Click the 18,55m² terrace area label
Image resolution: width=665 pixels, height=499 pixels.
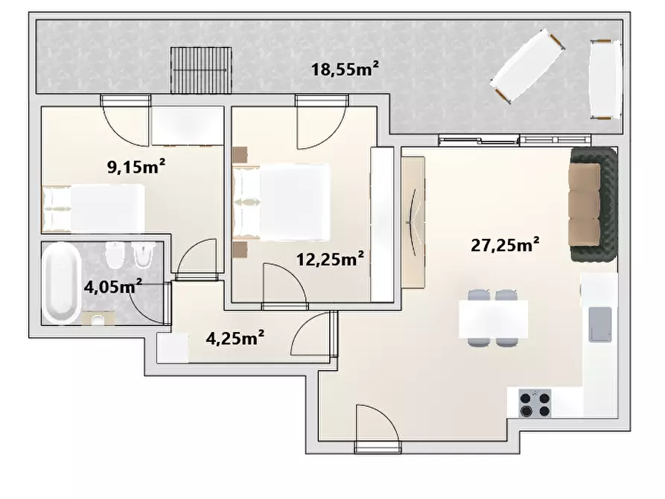click(345, 69)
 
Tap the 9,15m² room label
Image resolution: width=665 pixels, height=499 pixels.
click(136, 167)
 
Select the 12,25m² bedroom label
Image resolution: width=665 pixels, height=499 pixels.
click(330, 259)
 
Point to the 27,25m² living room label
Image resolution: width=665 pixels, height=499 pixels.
click(505, 245)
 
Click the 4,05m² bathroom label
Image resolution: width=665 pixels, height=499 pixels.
click(112, 287)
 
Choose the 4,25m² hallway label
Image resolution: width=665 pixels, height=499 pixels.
click(235, 338)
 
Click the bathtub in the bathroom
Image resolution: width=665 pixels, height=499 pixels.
click(62, 282)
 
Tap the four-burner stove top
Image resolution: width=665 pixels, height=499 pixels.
click(535, 404)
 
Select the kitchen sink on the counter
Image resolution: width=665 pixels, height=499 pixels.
click(600, 325)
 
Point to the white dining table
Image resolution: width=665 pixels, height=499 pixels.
click(493, 319)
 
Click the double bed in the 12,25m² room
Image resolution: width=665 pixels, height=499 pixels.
click(281, 202)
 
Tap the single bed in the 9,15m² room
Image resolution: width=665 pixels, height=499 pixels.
click(93, 209)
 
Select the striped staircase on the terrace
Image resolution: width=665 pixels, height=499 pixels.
click(202, 70)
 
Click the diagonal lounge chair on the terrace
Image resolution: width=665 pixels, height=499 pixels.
click(527, 66)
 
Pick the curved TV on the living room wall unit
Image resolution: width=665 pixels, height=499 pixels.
click(413, 222)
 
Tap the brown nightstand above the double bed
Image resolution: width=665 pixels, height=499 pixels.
click(240, 154)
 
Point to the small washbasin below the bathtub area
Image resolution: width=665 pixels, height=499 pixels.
click(98, 318)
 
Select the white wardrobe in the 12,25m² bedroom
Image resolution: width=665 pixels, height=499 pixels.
click(382, 224)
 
